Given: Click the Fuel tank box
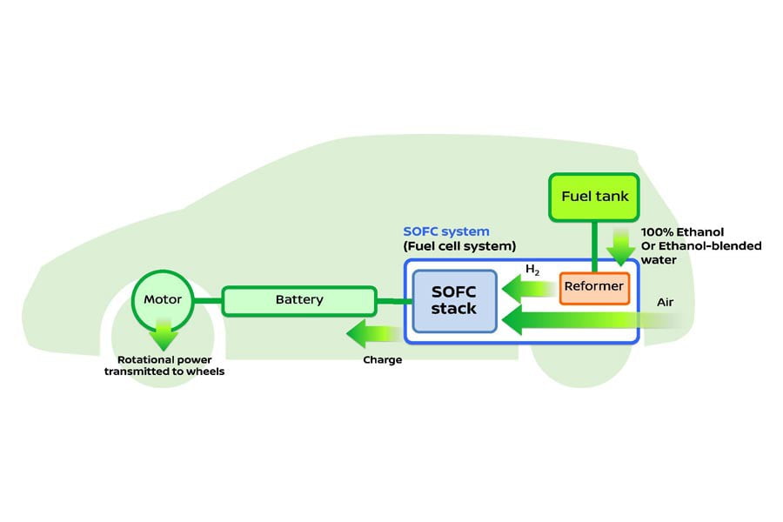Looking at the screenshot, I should click(594, 197).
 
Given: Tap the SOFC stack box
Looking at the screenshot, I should click(454, 300).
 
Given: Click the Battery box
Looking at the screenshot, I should click(299, 300).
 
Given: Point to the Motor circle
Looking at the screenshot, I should click(163, 300).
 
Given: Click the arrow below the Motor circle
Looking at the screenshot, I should click(163, 336).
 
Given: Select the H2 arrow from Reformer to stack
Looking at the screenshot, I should click(527, 287).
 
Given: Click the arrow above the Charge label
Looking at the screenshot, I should click(374, 332).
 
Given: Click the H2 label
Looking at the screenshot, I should click(533, 270).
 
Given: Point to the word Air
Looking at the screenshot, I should click(666, 302).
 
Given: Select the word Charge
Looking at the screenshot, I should click(382, 359).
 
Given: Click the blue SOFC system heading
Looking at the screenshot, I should click(446, 232).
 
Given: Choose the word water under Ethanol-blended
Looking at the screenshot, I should click(659, 259).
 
